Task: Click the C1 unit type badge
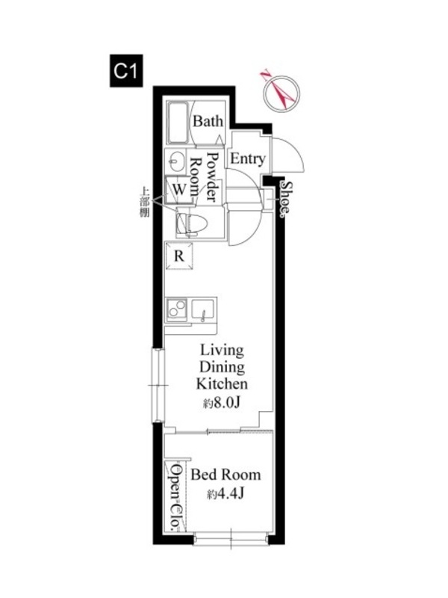point(126,70)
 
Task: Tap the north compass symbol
point(282,93)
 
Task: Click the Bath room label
point(208,121)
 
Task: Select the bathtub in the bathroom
point(178,123)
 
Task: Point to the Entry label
point(248,158)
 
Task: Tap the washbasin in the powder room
point(175,161)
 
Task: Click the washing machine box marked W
point(178,190)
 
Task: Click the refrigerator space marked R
point(179,256)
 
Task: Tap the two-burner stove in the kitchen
point(177,309)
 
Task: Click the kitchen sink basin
point(203,310)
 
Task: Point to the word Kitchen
point(222,383)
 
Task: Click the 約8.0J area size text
point(221,403)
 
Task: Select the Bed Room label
point(226,475)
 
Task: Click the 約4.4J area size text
point(226,494)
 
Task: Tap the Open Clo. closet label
point(176,497)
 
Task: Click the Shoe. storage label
point(286,199)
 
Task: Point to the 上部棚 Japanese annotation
point(145,202)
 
